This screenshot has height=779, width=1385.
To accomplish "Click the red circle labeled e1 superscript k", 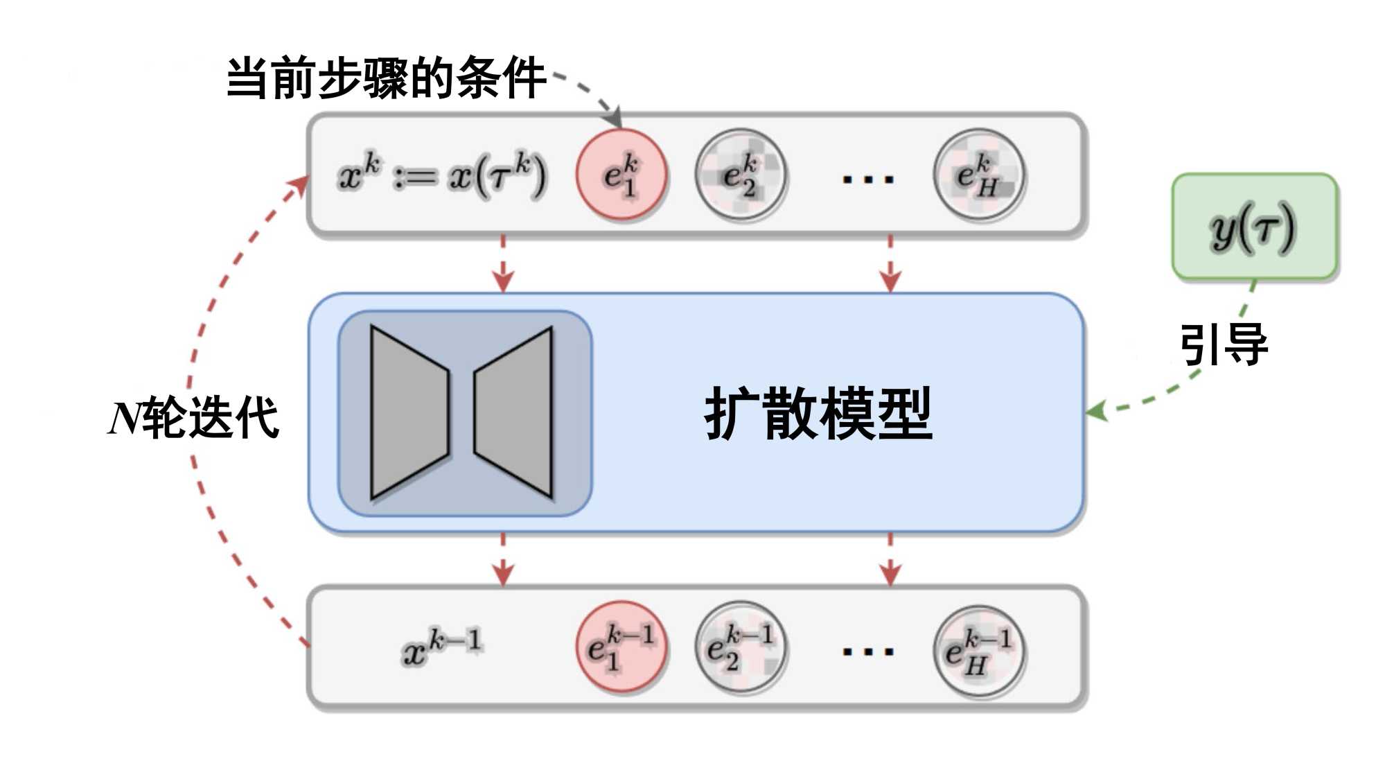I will pos(621,175).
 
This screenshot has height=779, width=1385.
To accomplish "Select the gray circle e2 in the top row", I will pos(741,175).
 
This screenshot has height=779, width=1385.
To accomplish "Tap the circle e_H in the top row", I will pos(979,175).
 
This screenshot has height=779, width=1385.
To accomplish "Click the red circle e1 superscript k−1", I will pos(621,647).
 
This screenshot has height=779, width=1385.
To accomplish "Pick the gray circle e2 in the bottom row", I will pos(741,647).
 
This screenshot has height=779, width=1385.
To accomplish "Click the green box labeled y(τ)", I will pos(1255,227).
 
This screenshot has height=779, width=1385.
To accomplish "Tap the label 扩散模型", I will pos(818,414).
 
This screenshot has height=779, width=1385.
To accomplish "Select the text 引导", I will pos(1224,344).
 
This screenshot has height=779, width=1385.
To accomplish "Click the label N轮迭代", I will pos(194,418).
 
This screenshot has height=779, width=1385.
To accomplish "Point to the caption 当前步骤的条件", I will pos(386,78).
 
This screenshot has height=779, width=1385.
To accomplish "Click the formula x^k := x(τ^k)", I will pos(442,175).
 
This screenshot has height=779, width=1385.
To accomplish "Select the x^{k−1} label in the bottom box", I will pos(442,647).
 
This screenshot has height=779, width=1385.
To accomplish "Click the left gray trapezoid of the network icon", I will pos(409,412).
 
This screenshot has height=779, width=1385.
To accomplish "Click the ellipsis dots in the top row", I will pos(867,180).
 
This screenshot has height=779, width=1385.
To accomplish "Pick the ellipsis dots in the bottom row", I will pos(867,651).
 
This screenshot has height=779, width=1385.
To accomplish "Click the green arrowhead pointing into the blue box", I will pos(1096,411).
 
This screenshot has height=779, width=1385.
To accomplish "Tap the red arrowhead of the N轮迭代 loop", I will pos(301,184).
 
